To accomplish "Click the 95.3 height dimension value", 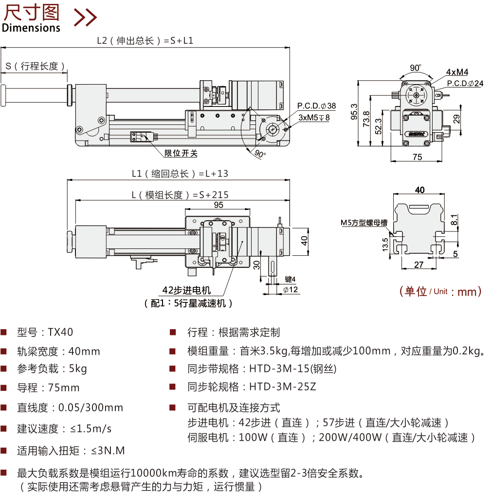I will click(x=354, y=112).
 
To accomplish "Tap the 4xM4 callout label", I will click(x=457, y=72).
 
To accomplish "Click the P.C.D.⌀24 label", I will click(x=465, y=84).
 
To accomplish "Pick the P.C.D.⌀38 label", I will click(x=317, y=106).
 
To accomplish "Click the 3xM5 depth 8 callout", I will click(x=314, y=117).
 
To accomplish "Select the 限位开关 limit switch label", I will click(x=181, y=153).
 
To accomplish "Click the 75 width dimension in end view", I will click(x=417, y=157).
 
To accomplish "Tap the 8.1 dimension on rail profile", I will click(x=454, y=220).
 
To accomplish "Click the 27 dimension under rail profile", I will click(x=418, y=264).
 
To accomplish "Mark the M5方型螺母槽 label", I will click(x=364, y=223).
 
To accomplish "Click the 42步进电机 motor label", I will click(x=186, y=290).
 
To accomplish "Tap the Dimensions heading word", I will click(x=31, y=28).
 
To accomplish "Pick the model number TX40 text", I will click(x=60, y=333).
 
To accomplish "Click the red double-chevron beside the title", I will click(x=85, y=17).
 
